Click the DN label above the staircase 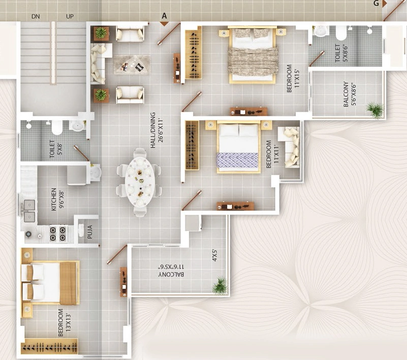tap(36, 17)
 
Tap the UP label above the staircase tap(70, 17)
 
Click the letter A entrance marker tap(164, 16)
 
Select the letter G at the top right tap(376, 3)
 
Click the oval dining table tap(140, 182)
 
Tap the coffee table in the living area tap(132, 65)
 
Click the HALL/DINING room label tap(156, 130)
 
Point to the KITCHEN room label tap(57, 199)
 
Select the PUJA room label tap(90, 232)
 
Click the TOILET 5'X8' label tap(56, 149)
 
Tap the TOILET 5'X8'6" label tap(341, 53)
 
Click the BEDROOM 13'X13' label tap(65, 322)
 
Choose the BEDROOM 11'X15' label tap(293, 78)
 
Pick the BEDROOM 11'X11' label tap(272, 154)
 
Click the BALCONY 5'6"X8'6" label tap(350, 94)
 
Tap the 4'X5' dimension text tap(214, 256)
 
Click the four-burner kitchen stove tap(57, 233)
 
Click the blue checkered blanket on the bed tap(237, 160)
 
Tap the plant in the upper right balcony tap(375, 110)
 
